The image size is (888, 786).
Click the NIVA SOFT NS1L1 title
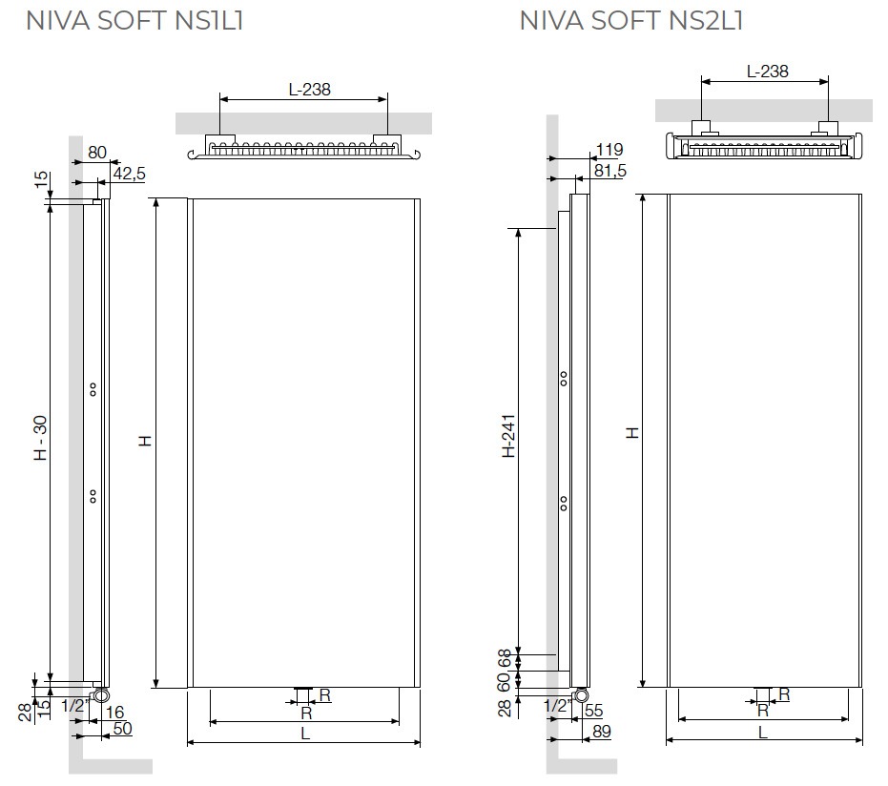tap(134, 20)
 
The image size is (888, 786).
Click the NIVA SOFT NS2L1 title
tap(630, 20)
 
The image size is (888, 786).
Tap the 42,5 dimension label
tap(129, 174)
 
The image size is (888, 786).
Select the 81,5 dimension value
tap(609, 171)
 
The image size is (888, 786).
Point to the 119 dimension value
tap(609, 150)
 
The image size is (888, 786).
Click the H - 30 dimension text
tap(41, 438)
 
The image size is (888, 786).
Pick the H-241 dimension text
tap(508, 436)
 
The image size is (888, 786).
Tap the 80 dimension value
tap(97, 153)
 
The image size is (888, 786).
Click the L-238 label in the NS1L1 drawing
tap(309, 90)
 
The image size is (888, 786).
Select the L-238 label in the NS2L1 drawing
tap(768, 72)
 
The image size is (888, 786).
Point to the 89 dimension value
tap(602, 731)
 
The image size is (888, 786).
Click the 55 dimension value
tap(593, 710)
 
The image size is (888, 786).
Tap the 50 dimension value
tap(122, 728)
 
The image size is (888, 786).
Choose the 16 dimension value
tap(115, 713)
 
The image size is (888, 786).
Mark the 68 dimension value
tap(505, 658)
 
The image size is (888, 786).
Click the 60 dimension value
tap(505, 681)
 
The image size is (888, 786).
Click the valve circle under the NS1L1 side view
tap(101, 694)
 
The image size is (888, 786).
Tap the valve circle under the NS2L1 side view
tap(581, 695)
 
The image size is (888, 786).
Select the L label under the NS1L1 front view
tap(305, 734)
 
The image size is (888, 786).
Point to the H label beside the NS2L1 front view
tap(632, 433)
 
